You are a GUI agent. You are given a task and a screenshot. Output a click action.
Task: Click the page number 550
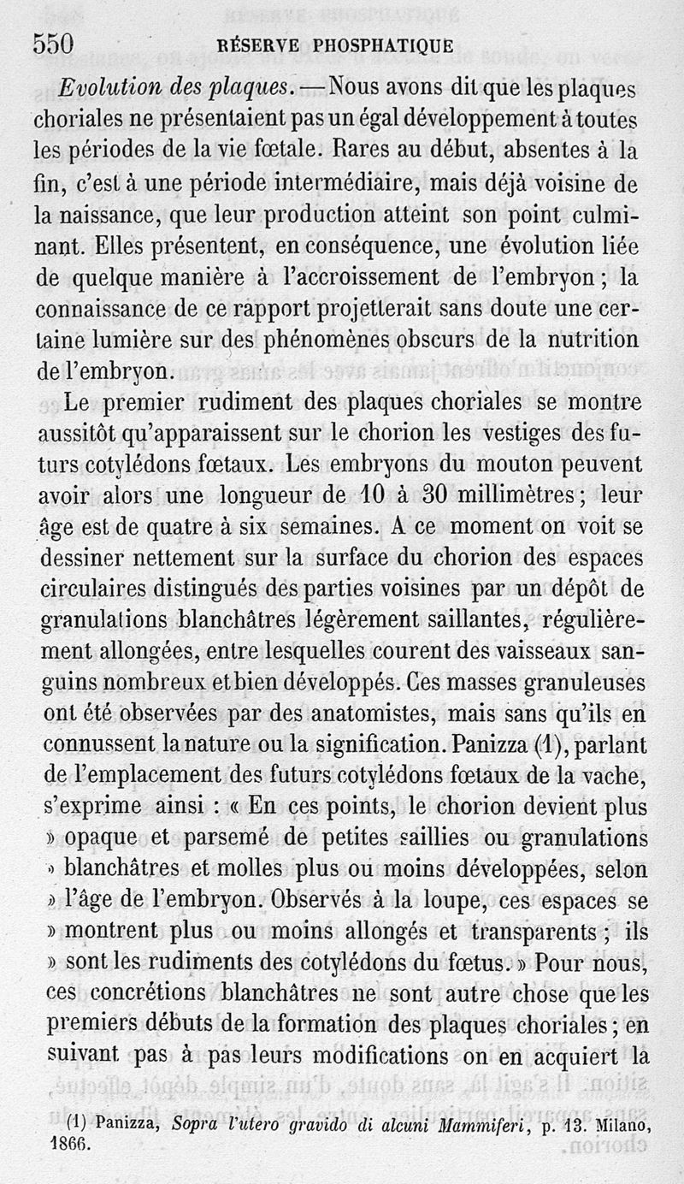[53, 44]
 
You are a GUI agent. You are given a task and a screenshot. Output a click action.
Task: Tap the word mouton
[498, 465]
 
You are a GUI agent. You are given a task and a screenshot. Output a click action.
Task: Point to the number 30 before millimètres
[437, 496]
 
